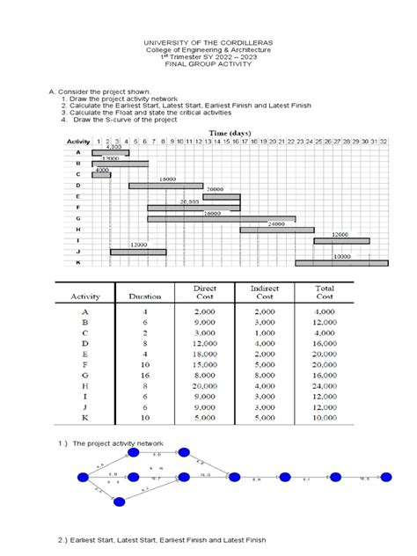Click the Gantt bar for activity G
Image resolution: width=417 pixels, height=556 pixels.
point(221,218)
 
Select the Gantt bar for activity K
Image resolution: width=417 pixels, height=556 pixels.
point(341,262)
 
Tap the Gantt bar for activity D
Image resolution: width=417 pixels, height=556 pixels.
point(165,186)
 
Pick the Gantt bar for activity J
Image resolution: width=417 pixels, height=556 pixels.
point(138,252)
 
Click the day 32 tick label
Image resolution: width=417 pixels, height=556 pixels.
point(383,141)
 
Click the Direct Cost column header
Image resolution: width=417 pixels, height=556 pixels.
point(204,292)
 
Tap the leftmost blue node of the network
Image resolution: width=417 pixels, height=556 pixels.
point(84,478)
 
